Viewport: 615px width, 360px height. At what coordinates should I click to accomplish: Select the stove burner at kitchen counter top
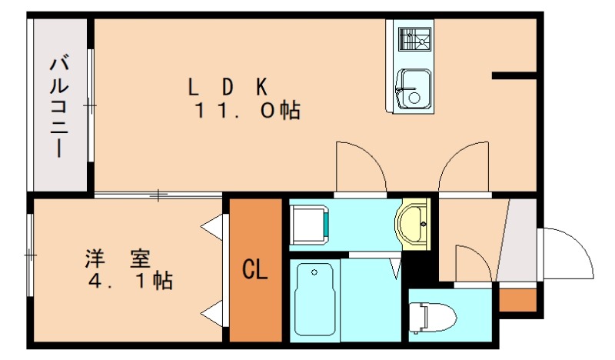click(414, 38)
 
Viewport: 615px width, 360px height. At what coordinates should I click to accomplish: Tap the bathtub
click(314, 298)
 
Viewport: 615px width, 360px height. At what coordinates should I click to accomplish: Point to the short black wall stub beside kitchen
click(514, 75)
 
